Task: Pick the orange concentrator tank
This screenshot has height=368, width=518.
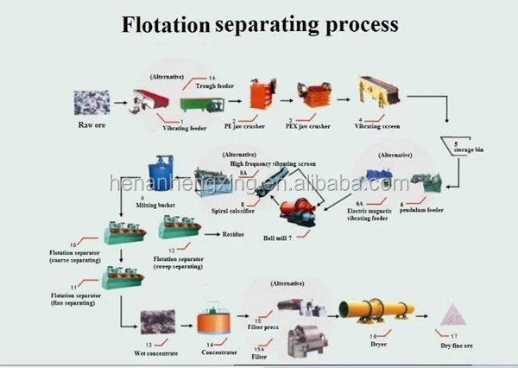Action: click(212, 323)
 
